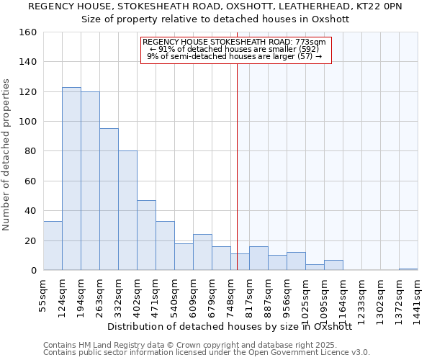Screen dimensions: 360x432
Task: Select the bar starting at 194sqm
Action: pos(90,181)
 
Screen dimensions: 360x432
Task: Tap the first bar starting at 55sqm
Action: pos(53,246)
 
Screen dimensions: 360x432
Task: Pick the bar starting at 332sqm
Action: pos(127,210)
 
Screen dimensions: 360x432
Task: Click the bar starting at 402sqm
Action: pos(146,235)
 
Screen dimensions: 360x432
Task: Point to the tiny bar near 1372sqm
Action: pos(408,269)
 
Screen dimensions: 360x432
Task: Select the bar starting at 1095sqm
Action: pos(333,265)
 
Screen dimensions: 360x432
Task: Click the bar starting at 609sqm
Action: pos(202,252)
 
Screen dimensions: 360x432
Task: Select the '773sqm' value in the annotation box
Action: pos(312,42)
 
